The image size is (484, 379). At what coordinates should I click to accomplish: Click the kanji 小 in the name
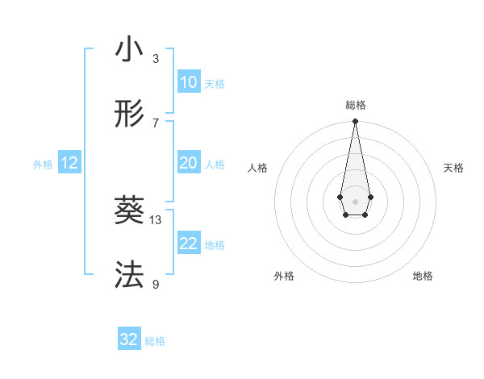129,50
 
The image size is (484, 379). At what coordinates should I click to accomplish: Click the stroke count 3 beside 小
156,58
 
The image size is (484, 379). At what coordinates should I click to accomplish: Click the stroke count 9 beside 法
156,284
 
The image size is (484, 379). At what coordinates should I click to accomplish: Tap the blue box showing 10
188,81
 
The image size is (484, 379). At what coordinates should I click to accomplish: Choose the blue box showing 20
188,163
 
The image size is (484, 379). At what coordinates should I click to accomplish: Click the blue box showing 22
188,244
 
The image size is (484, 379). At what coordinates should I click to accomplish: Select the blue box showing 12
69,163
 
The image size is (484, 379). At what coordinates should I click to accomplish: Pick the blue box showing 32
129,339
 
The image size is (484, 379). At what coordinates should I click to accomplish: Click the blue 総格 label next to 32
155,341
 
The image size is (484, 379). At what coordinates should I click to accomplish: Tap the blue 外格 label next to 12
43,165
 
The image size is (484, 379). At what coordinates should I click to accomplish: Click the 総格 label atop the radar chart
355,105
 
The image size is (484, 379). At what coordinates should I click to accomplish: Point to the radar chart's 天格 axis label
453,168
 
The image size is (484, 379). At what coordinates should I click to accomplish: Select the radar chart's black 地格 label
423,277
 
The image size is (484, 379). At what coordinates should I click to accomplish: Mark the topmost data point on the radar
355,122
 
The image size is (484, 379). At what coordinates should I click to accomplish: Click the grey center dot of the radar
355,201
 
